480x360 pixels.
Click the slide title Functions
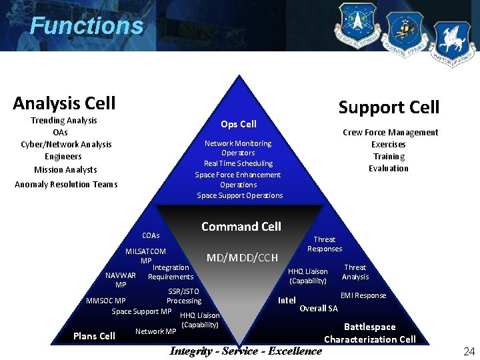pyautogui.click(x=86, y=26)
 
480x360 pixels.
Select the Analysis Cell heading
pyautogui.click(x=64, y=103)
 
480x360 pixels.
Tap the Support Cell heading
pyautogui.click(x=389, y=107)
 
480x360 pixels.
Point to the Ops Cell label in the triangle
pyautogui.click(x=239, y=124)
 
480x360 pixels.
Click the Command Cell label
pyautogui.click(x=241, y=227)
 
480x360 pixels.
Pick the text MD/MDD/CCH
pyautogui.click(x=242, y=257)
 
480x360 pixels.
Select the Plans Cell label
pyautogui.click(x=94, y=336)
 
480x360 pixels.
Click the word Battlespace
pyautogui.click(x=369, y=327)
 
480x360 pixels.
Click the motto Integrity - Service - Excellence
pyautogui.click(x=246, y=351)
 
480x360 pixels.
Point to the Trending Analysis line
pyautogui.click(x=64, y=121)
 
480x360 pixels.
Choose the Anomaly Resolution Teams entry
pyautogui.click(x=66, y=185)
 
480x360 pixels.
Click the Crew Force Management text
pyautogui.click(x=390, y=133)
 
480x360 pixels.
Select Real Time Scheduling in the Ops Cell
pyautogui.click(x=238, y=163)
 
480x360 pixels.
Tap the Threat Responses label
pyautogui.click(x=325, y=244)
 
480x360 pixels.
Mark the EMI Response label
pyautogui.click(x=363, y=295)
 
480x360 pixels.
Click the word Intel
pyautogui.click(x=287, y=300)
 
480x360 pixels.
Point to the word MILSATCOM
pyautogui.click(x=145, y=251)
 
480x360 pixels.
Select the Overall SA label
pyautogui.click(x=319, y=308)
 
